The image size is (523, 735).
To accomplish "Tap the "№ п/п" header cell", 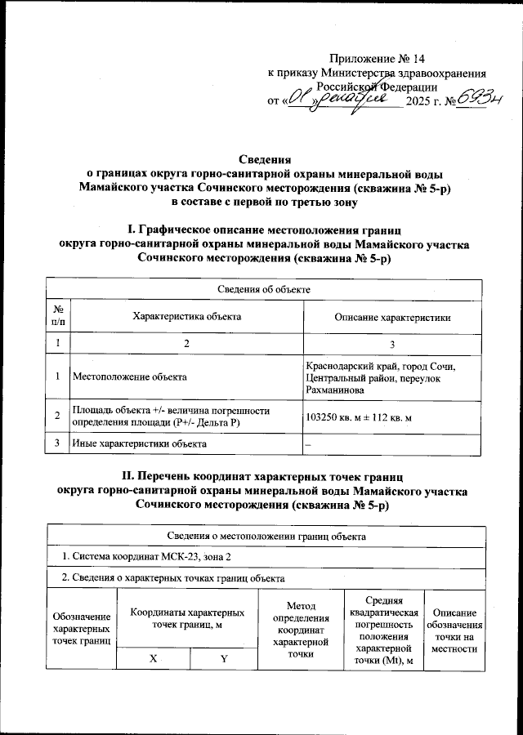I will [58, 316].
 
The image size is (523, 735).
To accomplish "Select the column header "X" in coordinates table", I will [154, 659].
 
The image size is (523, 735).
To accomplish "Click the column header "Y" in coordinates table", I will [222, 659].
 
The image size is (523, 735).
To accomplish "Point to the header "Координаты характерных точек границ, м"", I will [187, 618].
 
